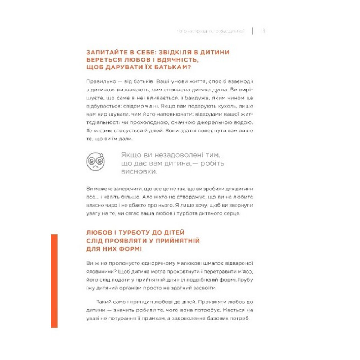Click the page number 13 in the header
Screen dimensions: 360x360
pos(263,31)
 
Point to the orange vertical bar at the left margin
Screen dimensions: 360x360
pos(54,281)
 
